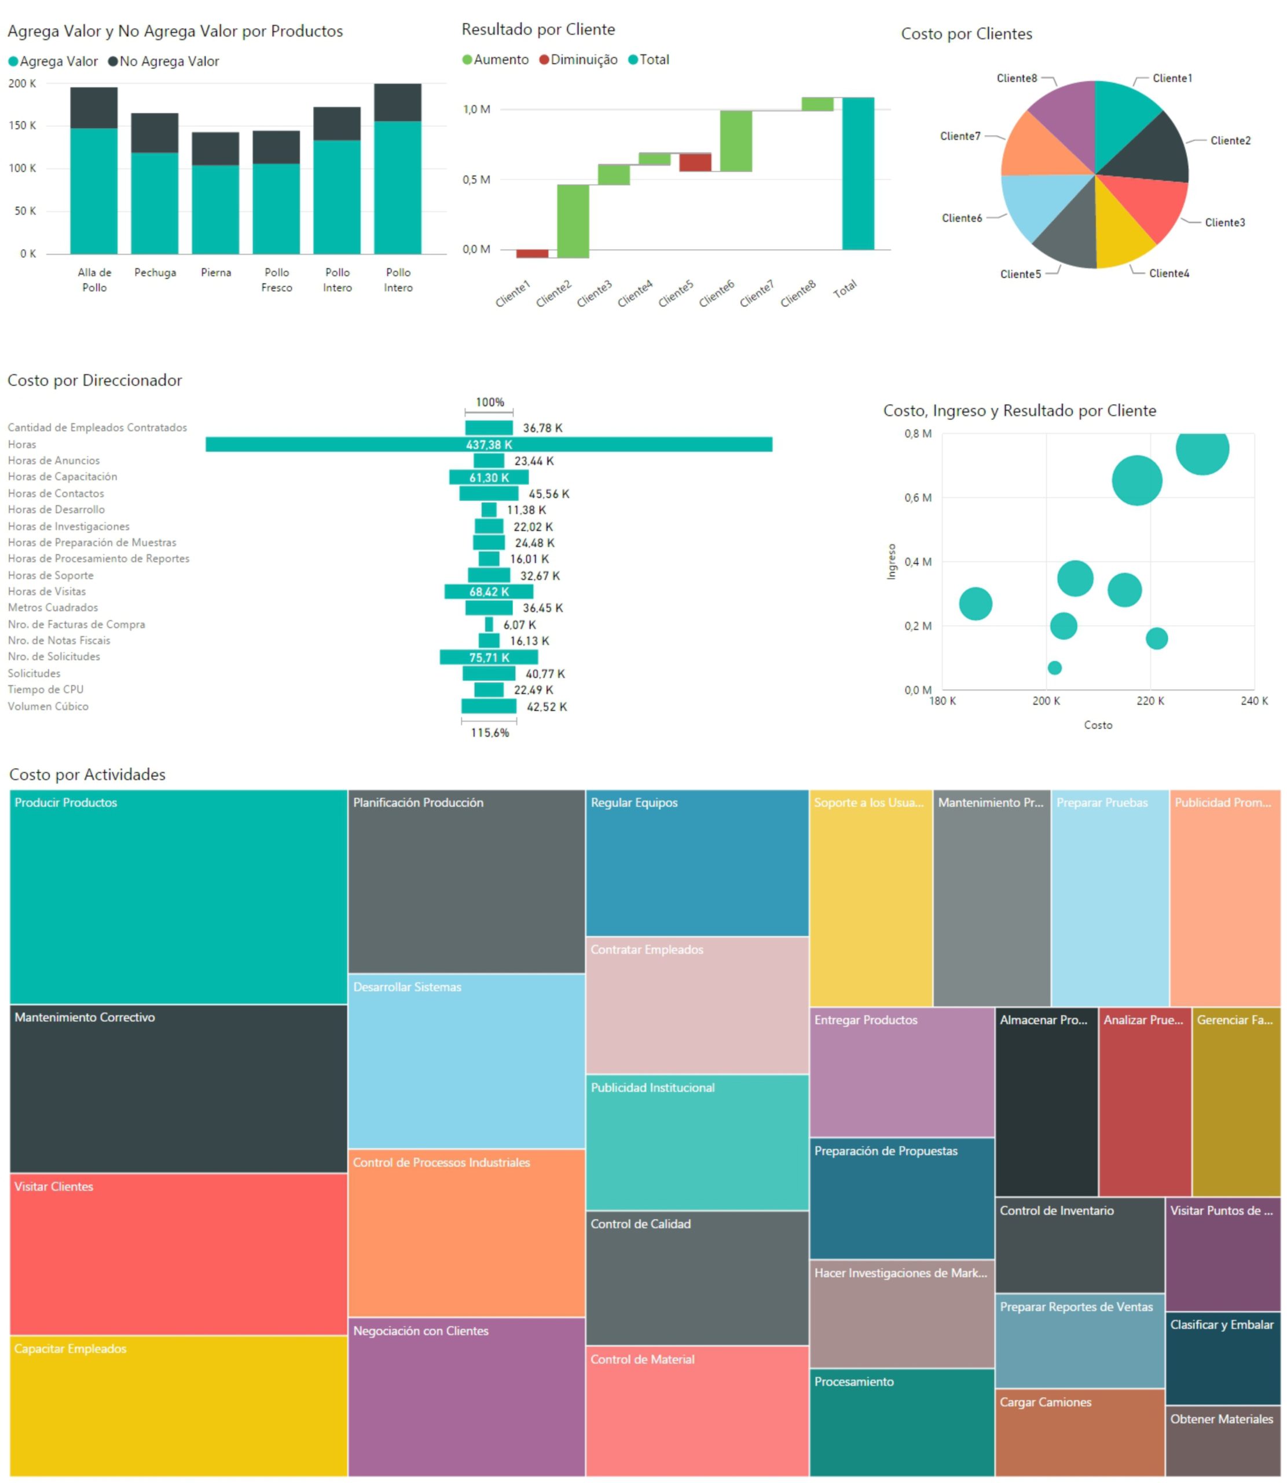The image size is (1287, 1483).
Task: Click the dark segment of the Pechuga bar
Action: click(155, 133)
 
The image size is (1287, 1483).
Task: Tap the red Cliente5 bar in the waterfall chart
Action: click(695, 162)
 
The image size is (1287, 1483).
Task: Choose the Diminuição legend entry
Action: click(583, 60)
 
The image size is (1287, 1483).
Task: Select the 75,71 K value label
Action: click(489, 658)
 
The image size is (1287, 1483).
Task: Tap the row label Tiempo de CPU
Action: click(45, 689)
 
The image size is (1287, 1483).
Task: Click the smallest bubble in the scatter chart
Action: click(1054, 667)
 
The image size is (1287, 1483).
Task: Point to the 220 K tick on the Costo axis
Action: click(1150, 700)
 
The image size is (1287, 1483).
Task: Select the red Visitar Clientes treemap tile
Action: click(178, 1254)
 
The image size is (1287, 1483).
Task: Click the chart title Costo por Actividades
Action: click(87, 774)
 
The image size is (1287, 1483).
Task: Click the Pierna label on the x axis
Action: click(215, 272)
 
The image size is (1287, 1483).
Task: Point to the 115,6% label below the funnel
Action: click(489, 733)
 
